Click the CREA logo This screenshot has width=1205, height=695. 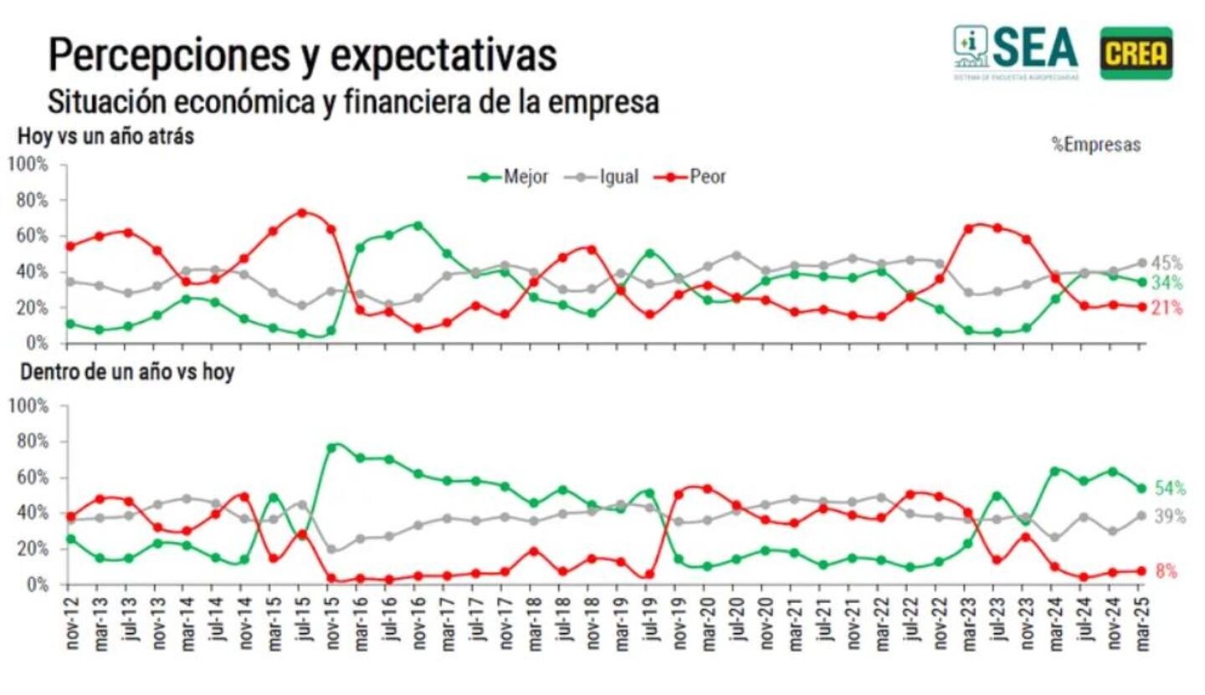[1136, 53]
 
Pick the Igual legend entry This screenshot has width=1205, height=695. [602, 177]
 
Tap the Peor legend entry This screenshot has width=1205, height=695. [690, 177]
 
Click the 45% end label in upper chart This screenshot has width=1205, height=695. [1167, 263]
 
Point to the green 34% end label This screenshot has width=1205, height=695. [1167, 283]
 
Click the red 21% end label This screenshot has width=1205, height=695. [1167, 309]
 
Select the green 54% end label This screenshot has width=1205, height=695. [1170, 488]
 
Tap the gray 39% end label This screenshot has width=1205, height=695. [1170, 517]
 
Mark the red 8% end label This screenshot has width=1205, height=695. [1167, 572]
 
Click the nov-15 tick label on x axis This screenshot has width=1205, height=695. [331, 622]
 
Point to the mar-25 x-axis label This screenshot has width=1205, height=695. [1139, 622]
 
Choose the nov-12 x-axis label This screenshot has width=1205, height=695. [71, 622]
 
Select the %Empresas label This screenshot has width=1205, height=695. [1095, 145]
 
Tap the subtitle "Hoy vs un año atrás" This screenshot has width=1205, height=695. [106, 135]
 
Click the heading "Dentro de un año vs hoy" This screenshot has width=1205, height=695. [127, 372]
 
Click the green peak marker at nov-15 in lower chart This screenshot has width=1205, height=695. [331, 447]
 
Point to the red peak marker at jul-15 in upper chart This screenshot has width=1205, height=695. [302, 212]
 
